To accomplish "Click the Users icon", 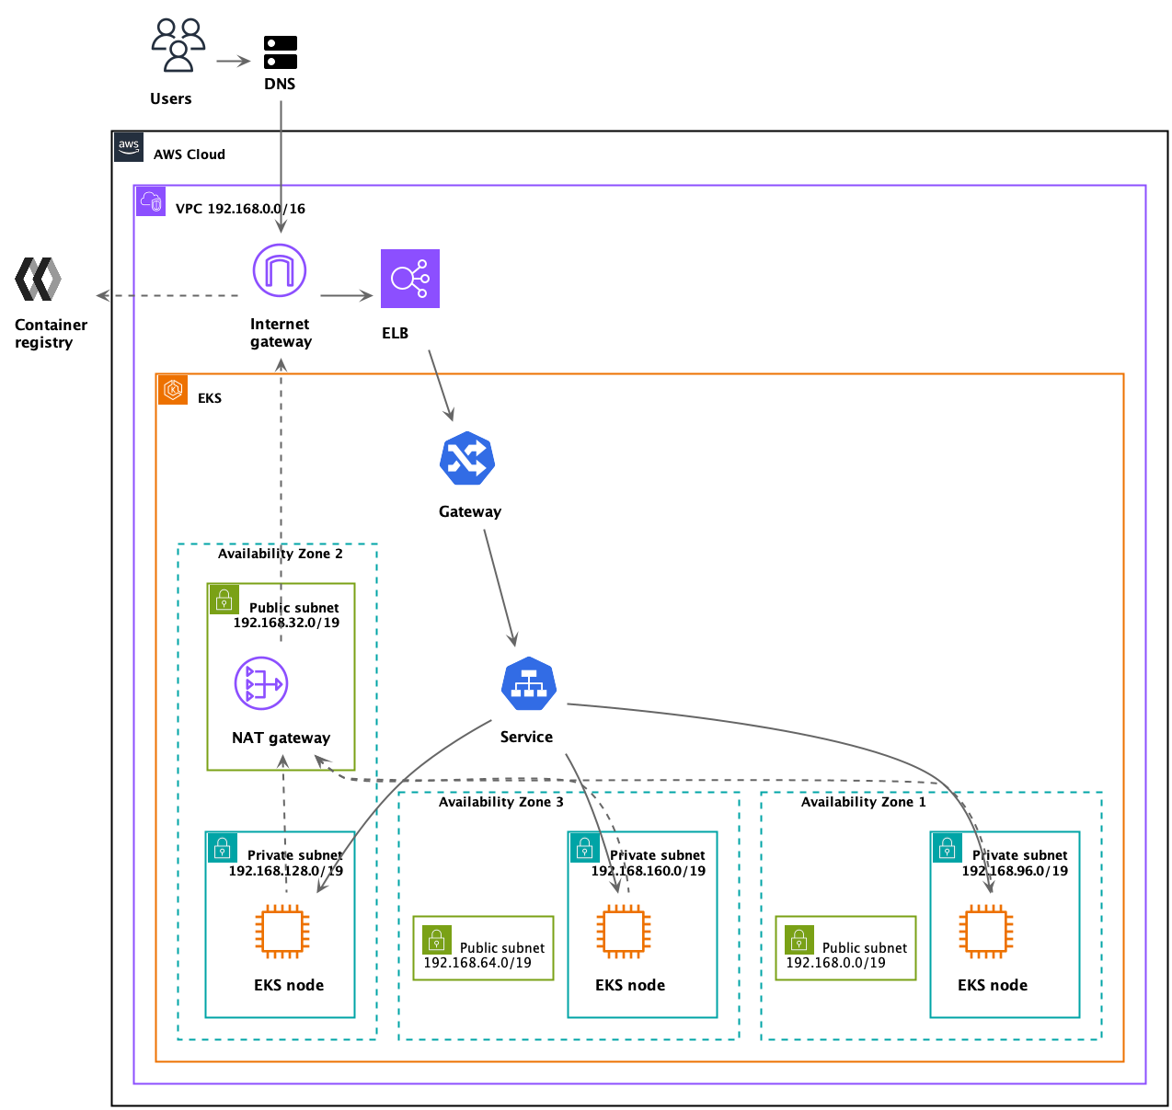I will pyautogui.click(x=178, y=45).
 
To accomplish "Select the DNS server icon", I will pyautogui.click(x=280, y=52).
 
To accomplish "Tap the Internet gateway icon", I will pyautogui.click(x=280, y=270).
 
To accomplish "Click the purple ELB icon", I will pyautogui.click(x=410, y=279).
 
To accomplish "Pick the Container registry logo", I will pyautogui.click(x=39, y=280).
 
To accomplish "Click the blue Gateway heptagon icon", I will pyautogui.click(x=467, y=458).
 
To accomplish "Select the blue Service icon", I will pyautogui.click(x=529, y=684).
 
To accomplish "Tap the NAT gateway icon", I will pyautogui.click(x=261, y=683).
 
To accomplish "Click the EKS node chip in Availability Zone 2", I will pyautogui.click(x=282, y=932).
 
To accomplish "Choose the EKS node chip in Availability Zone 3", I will pyautogui.click(x=624, y=932).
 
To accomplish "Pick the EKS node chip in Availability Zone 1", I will pyautogui.click(x=986, y=932).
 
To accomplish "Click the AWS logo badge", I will pyautogui.click(x=129, y=147).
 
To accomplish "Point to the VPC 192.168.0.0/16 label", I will pyautogui.click(x=240, y=209).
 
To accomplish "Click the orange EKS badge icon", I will pyautogui.click(x=173, y=390).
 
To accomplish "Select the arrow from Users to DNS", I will pyautogui.click(x=234, y=62).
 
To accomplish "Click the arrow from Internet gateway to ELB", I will pyautogui.click(x=346, y=296).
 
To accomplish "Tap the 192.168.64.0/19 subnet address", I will pyautogui.click(x=477, y=963).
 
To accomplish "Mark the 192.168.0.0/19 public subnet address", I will pyautogui.click(x=835, y=963).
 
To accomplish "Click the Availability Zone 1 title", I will pyautogui.click(x=863, y=802).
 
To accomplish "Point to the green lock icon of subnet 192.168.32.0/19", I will pyautogui.click(x=224, y=600).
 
